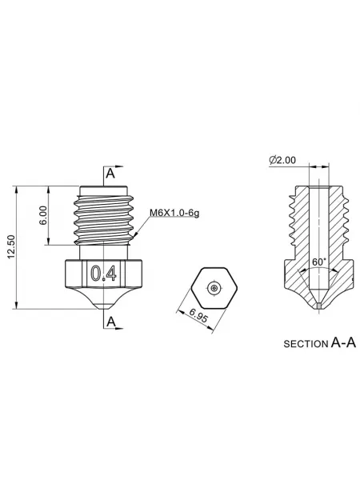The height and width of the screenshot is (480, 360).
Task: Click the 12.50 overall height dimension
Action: click(11, 246)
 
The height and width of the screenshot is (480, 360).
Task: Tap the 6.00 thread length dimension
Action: click(44, 215)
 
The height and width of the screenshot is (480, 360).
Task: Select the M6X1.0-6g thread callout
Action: click(174, 213)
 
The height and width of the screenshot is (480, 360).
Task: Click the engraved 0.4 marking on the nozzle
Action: click(104, 274)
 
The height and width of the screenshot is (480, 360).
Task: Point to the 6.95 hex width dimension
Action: click(198, 316)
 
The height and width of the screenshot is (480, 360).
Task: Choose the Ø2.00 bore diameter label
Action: click(282, 160)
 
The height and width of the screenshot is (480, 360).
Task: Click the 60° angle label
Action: click(319, 262)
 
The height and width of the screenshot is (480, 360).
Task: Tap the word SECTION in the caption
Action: click(306, 344)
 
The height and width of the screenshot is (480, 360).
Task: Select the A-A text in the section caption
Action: click(343, 343)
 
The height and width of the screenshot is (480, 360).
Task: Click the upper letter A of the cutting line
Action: click(110, 174)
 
